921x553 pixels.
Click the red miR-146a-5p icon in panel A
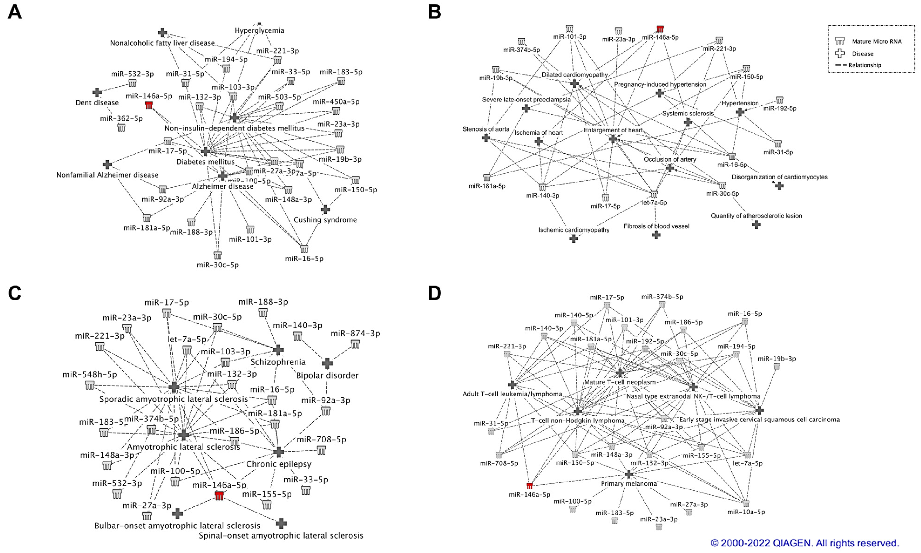pyautogui.click(x=149, y=105)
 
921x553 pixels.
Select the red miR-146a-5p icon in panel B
pyautogui.click(x=660, y=29)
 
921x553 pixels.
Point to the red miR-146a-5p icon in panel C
pyautogui.click(x=219, y=496)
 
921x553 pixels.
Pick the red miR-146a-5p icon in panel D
pyautogui.click(x=529, y=486)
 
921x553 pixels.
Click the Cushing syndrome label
pyautogui.click(x=325, y=220)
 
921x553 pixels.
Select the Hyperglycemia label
pyautogui.click(x=259, y=30)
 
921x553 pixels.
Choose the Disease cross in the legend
pyautogui.click(x=840, y=53)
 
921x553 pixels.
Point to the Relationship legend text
pyautogui.click(x=865, y=65)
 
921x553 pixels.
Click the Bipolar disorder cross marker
pyautogui.click(x=327, y=363)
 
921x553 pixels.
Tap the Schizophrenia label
pyautogui.click(x=278, y=362)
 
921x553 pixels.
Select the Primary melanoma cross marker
pyautogui.click(x=629, y=474)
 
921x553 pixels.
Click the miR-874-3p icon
pyautogui.click(x=355, y=344)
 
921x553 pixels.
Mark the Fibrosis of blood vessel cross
pyautogui.click(x=656, y=235)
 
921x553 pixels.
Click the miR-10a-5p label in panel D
pyautogui.click(x=746, y=512)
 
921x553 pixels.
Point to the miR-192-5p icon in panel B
pyautogui.click(x=779, y=100)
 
